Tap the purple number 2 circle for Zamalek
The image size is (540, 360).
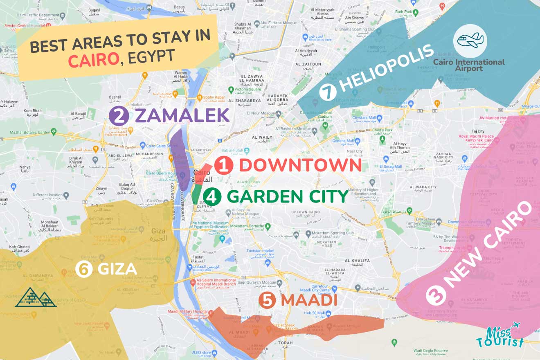click(119, 116)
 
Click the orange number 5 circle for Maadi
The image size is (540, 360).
click(268, 301)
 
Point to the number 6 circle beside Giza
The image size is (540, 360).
click(84, 270)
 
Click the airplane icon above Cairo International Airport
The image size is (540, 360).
click(470, 40)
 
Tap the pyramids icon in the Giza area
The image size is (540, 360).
click(36, 297)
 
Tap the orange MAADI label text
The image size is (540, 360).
click(309, 301)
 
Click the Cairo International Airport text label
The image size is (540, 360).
click(469, 65)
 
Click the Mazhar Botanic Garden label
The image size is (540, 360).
click(29, 132)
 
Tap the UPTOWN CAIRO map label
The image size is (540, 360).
click(305, 212)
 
